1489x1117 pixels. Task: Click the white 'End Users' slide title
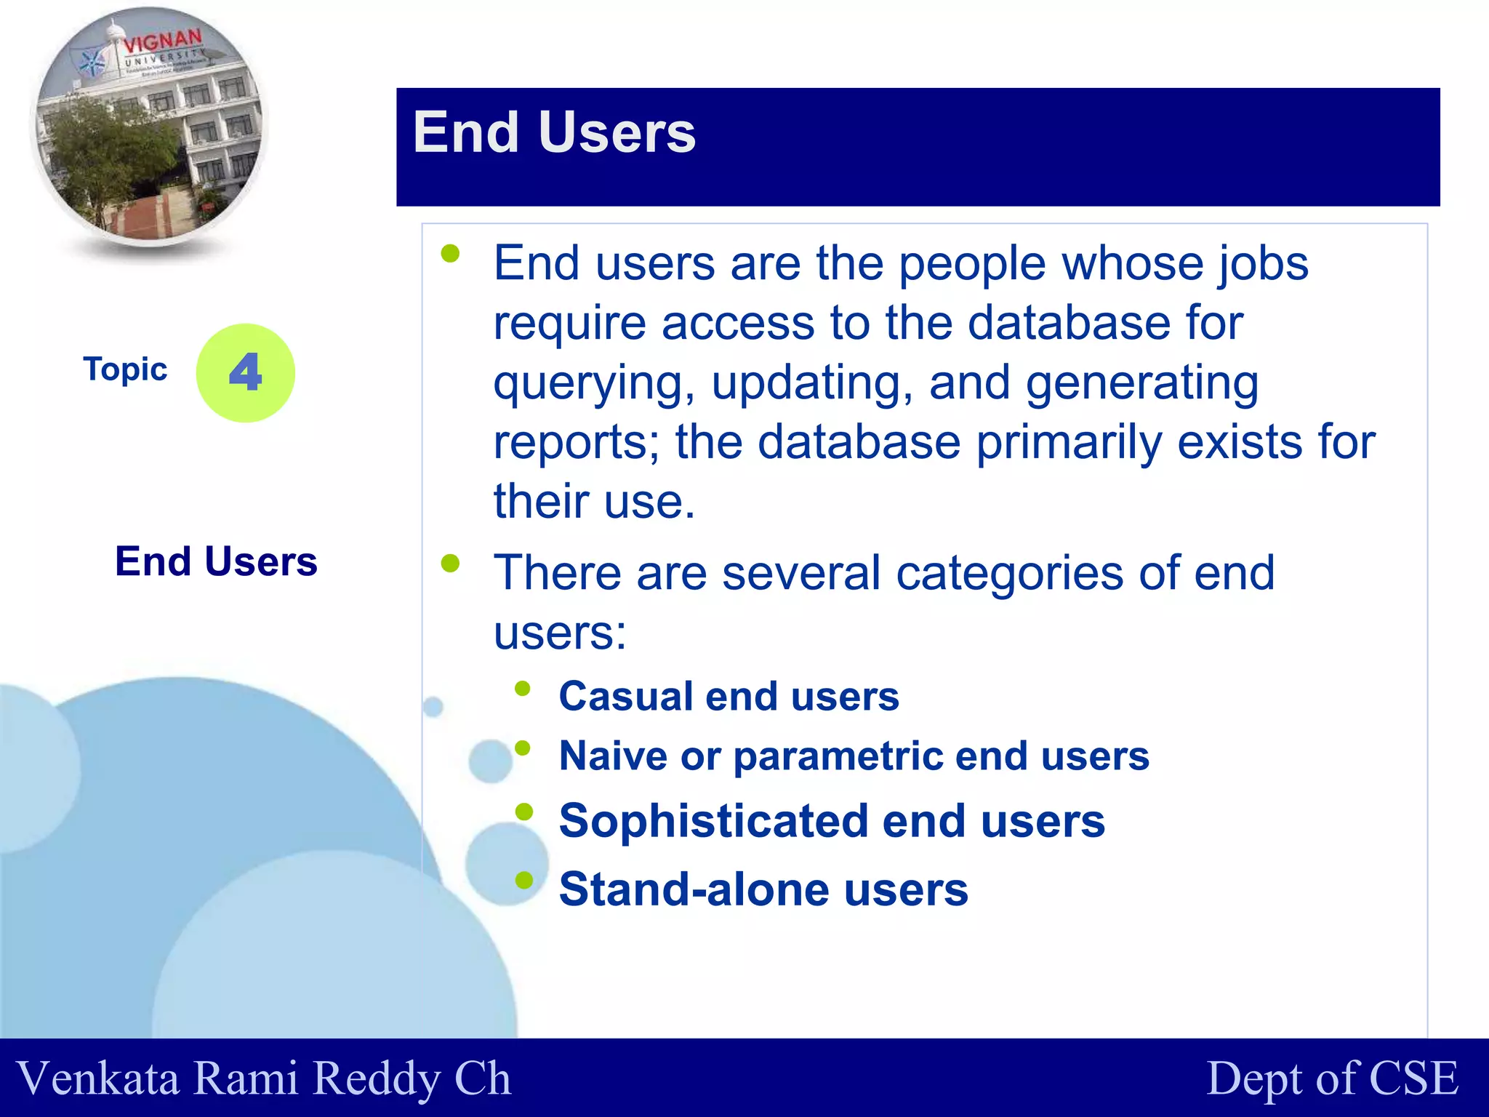[x=554, y=133]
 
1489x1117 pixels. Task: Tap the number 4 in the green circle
[x=246, y=372]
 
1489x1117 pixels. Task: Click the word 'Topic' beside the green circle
[x=125, y=369]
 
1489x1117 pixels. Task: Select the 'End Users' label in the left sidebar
[x=216, y=561]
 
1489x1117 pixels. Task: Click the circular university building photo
[x=149, y=127]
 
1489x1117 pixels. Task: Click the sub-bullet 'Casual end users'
[x=729, y=697]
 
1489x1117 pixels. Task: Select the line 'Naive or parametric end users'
[x=854, y=756]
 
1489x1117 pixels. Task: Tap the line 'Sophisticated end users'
[x=832, y=821]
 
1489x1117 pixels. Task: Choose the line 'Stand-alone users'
[x=763, y=889]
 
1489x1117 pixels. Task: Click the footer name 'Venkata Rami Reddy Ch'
[x=263, y=1078]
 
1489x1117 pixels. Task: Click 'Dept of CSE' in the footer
[x=1332, y=1078]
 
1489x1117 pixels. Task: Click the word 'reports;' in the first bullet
[x=576, y=442]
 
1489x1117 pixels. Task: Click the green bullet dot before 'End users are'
[x=451, y=253]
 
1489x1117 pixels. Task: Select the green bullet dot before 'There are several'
[x=451, y=563]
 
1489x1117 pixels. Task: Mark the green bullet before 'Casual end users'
[x=523, y=688]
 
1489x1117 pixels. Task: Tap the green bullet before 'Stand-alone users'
[x=523, y=881]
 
